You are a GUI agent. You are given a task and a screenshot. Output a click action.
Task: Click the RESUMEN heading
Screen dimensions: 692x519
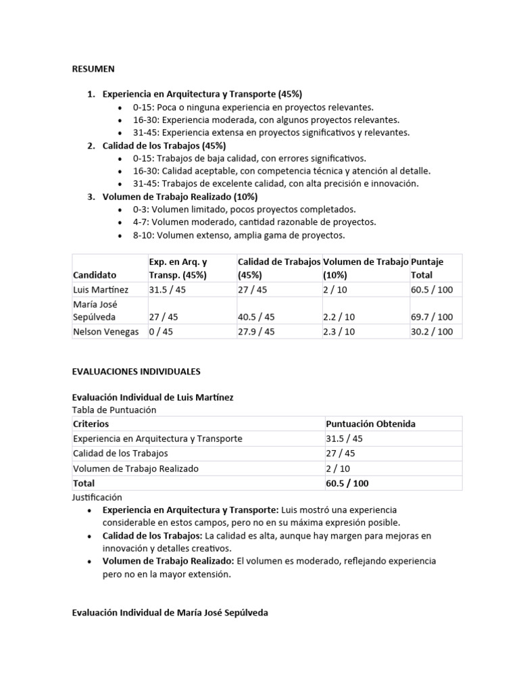click(x=93, y=69)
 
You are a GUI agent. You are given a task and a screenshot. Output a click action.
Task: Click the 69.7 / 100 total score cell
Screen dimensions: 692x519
click(x=432, y=317)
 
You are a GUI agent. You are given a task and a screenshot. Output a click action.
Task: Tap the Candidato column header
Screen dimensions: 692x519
click(x=95, y=275)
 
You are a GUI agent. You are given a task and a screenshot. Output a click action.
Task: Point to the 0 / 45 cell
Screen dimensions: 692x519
click(x=161, y=331)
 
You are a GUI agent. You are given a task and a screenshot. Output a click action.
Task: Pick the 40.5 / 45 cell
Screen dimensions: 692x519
click(x=256, y=317)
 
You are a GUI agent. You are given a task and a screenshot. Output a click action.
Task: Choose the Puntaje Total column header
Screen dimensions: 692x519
click(x=427, y=268)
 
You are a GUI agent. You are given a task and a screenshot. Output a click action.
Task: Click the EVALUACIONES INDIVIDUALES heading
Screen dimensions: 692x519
click(x=136, y=372)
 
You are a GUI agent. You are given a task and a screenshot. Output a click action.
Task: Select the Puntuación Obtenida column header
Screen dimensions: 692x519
click(x=370, y=424)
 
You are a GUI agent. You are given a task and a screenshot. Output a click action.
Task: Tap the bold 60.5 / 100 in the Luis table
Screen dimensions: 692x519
click(x=347, y=483)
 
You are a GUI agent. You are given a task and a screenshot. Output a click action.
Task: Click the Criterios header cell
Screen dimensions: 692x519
click(x=91, y=424)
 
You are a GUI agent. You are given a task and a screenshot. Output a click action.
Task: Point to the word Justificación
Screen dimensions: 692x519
click(x=97, y=497)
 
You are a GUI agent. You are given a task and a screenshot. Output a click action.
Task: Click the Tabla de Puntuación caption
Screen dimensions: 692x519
click(x=114, y=410)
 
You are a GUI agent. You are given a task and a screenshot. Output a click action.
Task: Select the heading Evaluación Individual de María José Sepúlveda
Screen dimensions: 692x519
click(x=170, y=612)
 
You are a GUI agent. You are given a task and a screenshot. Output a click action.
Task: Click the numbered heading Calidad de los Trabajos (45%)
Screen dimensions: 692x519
click(x=164, y=145)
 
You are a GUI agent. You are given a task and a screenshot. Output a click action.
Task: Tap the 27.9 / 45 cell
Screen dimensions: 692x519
click(x=256, y=331)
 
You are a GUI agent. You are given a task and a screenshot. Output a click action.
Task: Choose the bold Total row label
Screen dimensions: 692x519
click(x=84, y=483)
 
